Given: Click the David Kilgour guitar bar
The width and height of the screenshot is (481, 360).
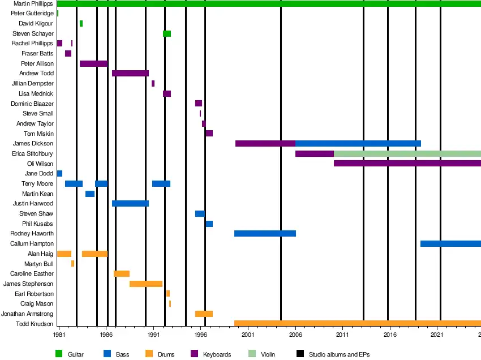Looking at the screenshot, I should (81, 24).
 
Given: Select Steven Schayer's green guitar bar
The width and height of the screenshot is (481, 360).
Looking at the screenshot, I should (167, 34).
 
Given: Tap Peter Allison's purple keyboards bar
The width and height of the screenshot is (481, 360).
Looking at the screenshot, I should (93, 63).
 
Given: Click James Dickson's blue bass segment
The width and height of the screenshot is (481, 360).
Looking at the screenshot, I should (358, 144).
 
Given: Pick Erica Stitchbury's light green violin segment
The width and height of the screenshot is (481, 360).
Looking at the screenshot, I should (407, 154).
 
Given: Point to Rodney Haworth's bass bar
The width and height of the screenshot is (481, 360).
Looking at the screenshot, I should (265, 234).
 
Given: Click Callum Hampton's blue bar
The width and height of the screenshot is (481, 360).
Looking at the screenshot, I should (450, 244).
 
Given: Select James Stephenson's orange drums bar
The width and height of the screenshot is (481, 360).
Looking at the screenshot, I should (146, 284).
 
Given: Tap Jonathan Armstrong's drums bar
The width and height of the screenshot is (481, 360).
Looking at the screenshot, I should (204, 314).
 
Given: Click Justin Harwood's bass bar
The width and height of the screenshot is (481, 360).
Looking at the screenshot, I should (130, 204).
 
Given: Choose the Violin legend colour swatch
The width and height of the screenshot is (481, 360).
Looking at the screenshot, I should (252, 354).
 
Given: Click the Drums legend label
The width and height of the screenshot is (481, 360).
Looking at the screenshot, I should (166, 355).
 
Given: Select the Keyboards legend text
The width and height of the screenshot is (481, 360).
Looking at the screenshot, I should (217, 355).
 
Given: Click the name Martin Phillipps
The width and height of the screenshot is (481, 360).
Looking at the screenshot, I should (33, 4).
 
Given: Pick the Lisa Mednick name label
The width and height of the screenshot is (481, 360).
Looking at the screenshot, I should (36, 94).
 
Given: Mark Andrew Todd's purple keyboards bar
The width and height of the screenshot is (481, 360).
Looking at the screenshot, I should (130, 74).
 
